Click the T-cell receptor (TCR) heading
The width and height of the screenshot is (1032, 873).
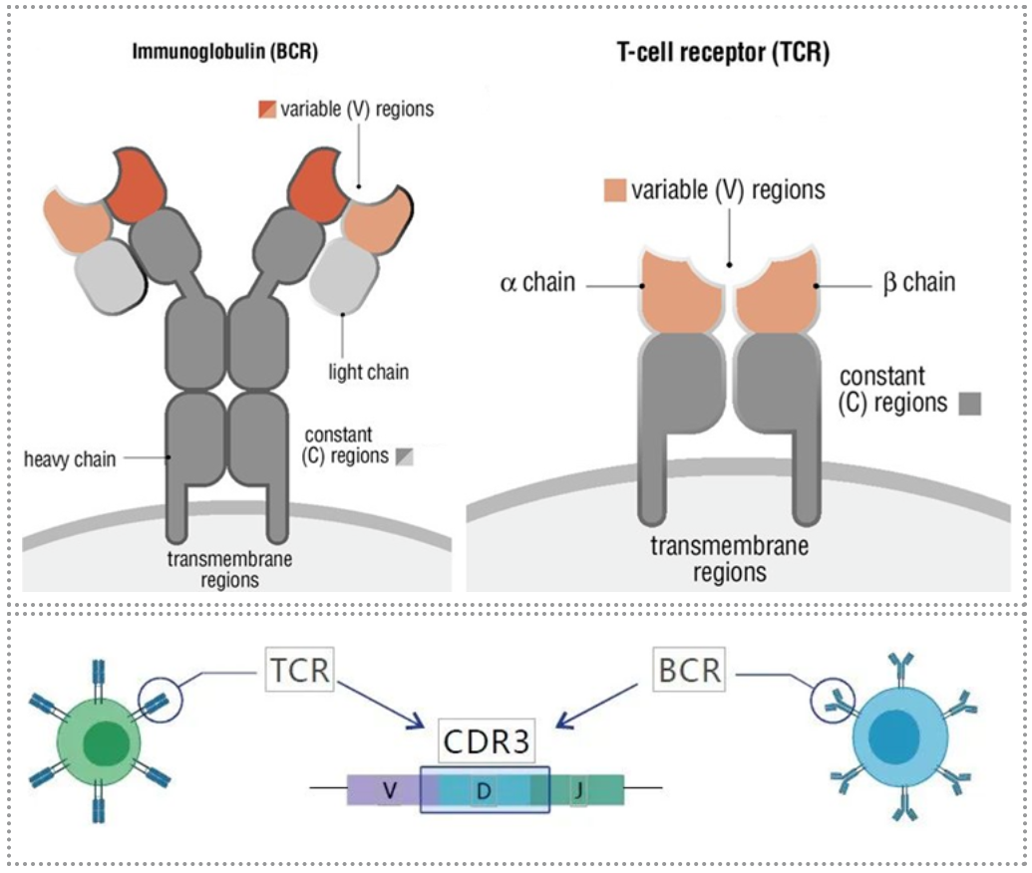723,54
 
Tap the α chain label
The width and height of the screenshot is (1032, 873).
537,282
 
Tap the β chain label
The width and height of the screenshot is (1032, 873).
918,282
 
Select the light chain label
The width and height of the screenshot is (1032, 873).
369,372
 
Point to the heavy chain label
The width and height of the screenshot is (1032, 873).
70,458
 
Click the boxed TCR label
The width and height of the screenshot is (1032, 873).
299,669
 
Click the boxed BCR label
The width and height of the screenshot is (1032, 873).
689,669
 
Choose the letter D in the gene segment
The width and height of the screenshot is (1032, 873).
484,791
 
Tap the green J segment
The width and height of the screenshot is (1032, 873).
588,790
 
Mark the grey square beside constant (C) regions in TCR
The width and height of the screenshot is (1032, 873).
969,403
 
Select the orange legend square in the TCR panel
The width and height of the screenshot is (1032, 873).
614,190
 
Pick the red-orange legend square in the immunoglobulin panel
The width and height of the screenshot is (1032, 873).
264,107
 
